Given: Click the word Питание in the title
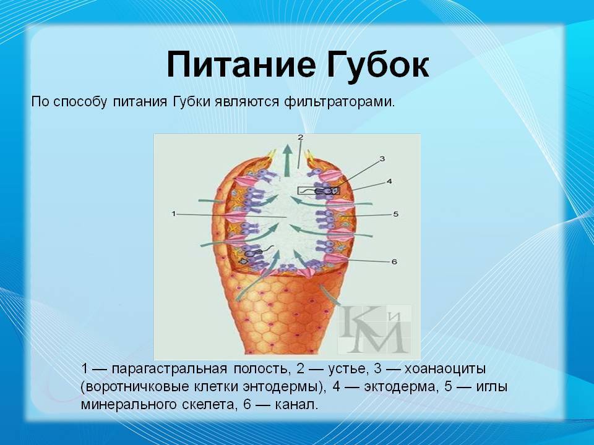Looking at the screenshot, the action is click(x=241, y=64).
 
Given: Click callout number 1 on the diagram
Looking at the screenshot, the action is click(x=174, y=214).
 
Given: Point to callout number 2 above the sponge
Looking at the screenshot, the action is click(x=300, y=137).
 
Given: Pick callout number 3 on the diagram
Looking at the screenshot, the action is click(x=382, y=159).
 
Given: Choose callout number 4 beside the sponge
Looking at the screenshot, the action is click(x=389, y=181).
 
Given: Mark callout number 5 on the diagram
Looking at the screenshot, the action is click(x=396, y=214).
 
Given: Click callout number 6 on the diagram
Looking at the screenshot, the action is click(x=394, y=261).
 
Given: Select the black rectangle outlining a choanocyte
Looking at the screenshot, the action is click(x=319, y=191).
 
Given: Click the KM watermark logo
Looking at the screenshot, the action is click(x=374, y=328).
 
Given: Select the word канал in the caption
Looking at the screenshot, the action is click(x=295, y=405).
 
